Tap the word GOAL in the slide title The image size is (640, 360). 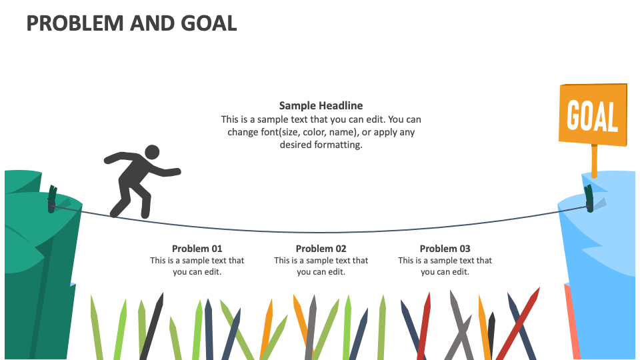click(x=209, y=23)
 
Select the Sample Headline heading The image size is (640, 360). click(x=321, y=105)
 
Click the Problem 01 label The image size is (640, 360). click(x=197, y=249)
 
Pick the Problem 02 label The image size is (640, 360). click(x=321, y=249)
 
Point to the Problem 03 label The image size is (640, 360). click(x=445, y=249)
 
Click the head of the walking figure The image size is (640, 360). click(x=152, y=153)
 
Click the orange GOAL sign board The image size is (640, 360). click(x=593, y=114)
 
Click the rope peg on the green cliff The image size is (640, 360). click(x=51, y=200)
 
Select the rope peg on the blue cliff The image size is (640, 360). click(x=589, y=198)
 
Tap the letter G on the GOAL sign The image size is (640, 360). click(x=572, y=115)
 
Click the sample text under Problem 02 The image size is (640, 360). click(x=321, y=266)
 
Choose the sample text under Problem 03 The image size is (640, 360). click(x=445, y=266)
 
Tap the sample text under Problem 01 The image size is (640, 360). click(x=197, y=266)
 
